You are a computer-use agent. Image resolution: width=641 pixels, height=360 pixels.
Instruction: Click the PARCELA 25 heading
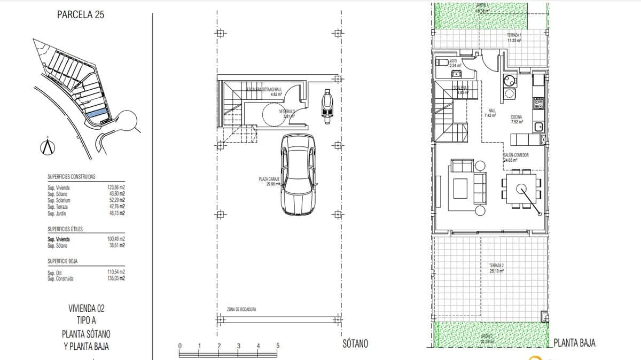click(x=80, y=15)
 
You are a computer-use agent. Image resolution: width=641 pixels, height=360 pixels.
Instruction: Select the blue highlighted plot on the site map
click(x=96, y=113)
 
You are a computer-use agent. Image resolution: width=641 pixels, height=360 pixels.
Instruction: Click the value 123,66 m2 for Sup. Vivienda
click(x=116, y=188)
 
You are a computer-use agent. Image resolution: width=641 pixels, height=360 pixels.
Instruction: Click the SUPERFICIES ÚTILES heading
click(x=65, y=229)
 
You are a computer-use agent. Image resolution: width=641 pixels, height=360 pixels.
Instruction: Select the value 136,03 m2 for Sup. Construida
click(x=116, y=278)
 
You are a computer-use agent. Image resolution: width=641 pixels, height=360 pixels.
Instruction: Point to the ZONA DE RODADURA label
click(x=241, y=309)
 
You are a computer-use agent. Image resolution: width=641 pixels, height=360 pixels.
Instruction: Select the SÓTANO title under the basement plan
click(x=355, y=344)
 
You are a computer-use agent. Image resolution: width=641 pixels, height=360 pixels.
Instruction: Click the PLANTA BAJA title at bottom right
click(x=575, y=343)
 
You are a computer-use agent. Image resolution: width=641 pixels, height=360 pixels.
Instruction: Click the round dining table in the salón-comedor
click(x=521, y=188)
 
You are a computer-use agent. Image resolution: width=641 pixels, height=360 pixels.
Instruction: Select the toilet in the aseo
click(x=442, y=62)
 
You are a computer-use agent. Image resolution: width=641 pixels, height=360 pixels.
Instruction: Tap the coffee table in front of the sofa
click(x=460, y=188)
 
